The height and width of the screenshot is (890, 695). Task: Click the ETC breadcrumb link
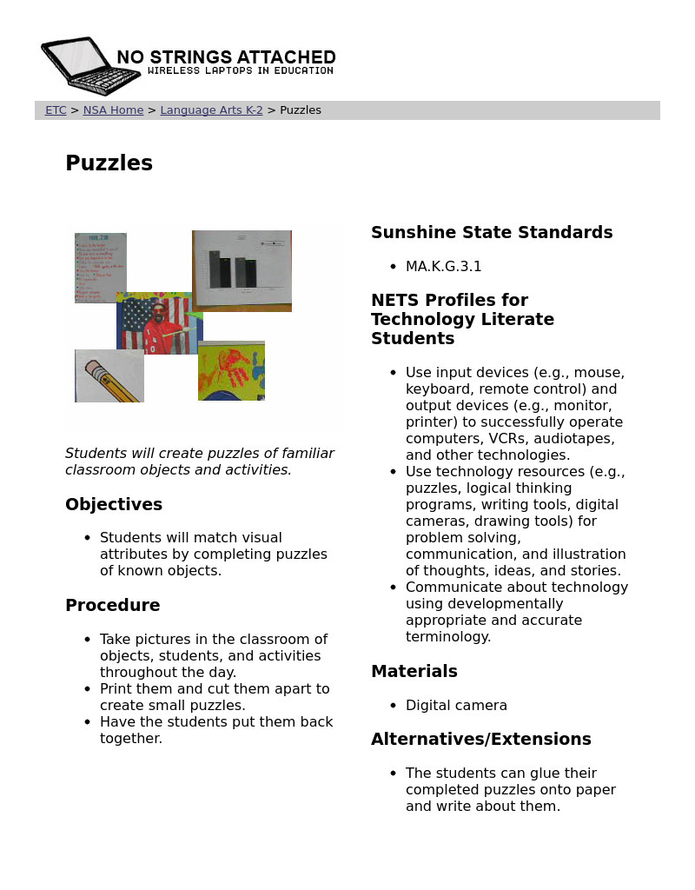56,110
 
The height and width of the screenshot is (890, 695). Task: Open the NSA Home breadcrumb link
113,110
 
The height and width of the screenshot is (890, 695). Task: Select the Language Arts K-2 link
211,110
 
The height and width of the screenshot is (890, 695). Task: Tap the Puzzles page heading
109,163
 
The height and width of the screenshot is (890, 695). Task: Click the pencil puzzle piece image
109,376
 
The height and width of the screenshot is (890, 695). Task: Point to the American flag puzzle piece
159,323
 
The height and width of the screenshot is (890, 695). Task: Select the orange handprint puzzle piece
231,371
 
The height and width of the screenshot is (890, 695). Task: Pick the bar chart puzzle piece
242,270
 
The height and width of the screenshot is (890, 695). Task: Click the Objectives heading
114,505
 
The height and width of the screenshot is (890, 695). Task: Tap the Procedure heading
113,606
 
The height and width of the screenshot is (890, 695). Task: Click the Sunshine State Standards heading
492,233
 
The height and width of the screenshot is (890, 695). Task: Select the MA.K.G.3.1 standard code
443,267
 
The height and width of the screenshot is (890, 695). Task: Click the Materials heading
414,672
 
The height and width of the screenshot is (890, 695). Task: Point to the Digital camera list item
456,706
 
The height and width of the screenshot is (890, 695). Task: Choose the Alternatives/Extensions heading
480,740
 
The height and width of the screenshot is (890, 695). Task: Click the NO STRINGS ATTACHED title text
226,57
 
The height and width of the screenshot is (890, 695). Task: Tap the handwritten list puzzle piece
101,268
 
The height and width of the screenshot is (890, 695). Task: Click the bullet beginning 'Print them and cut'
215,697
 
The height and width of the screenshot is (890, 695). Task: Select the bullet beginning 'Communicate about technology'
516,612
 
